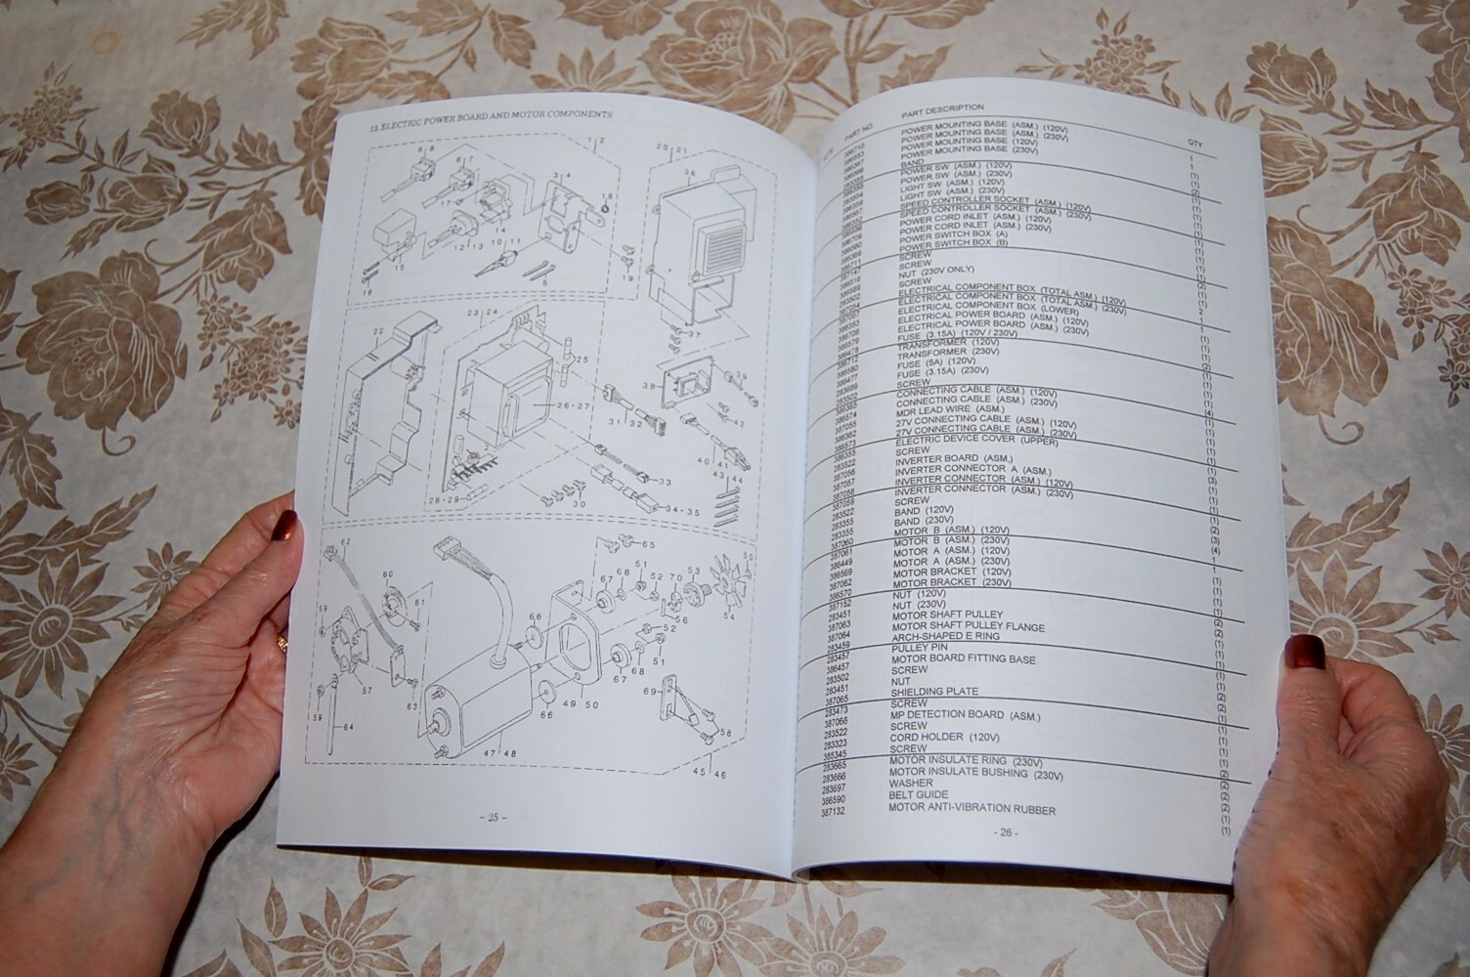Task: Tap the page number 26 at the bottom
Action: click(1006, 832)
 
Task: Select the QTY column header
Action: click(1195, 144)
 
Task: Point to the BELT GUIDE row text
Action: click(918, 795)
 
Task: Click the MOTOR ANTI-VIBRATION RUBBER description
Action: click(972, 810)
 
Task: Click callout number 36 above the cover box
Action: click(689, 174)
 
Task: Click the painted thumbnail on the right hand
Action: click(1307, 651)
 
